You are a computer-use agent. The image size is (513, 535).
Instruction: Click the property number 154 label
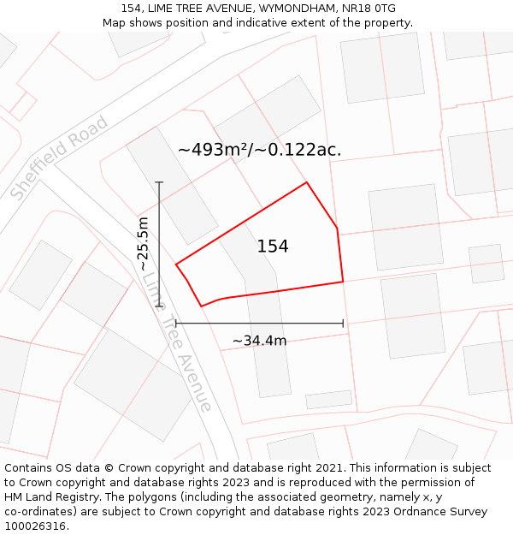point(273,247)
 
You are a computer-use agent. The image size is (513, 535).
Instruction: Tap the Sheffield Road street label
point(60,158)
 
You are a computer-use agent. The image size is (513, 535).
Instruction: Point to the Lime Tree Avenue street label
point(177,340)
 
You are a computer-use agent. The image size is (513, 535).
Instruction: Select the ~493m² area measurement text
point(218,150)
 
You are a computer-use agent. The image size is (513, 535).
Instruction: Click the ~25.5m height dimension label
point(144,244)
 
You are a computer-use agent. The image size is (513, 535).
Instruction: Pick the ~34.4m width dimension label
point(259,341)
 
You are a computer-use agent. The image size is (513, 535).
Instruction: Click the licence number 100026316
point(36,526)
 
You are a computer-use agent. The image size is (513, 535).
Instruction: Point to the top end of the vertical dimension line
point(159,182)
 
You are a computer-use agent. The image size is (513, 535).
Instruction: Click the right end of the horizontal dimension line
point(343,324)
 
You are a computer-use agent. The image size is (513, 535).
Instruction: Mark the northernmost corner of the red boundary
point(306,182)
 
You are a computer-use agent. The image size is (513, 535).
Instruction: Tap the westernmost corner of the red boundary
point(176,265)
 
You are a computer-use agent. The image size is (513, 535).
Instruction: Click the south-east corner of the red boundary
point(343,281)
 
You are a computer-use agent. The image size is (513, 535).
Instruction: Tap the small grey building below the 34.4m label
point(329,400)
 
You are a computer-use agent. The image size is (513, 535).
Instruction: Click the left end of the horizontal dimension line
point(174,324)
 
